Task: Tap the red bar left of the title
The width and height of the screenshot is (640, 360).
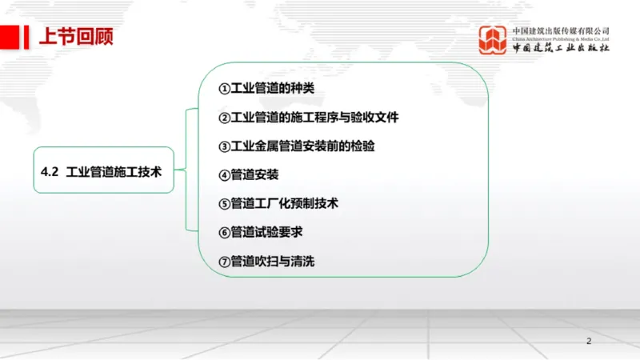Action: (x=10, y=36)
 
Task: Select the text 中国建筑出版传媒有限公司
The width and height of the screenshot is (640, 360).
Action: (x=561, y=30)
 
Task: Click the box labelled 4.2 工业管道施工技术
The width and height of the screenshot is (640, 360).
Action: (x=103, y=170)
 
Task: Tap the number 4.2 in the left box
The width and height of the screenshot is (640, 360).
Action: (x=50, y=170)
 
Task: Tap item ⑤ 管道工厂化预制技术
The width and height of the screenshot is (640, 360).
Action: (x=284, y=203)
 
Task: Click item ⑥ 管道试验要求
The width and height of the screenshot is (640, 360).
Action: (x=266, y=232)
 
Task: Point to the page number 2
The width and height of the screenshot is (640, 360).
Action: (x=590, y=342)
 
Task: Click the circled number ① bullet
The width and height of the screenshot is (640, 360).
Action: (x=224, y=88)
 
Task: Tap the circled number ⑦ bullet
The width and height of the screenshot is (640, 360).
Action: (x=224, y=261)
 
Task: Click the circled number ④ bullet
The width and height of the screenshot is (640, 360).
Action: (x=224, y=175)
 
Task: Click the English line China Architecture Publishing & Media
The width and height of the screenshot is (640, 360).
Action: (x=561, y=38)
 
